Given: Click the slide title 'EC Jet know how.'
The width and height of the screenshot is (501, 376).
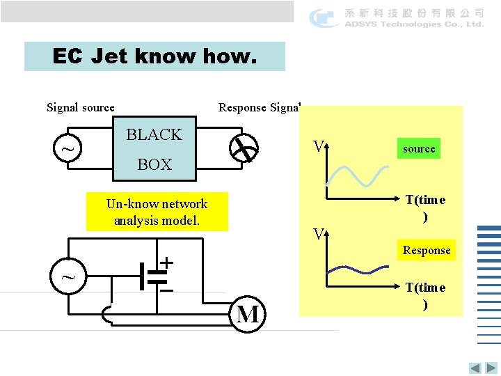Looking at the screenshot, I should [154, 56].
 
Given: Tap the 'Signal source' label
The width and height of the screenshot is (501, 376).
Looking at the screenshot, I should [80, 107].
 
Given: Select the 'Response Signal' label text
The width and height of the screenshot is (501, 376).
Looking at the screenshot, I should [259, 107].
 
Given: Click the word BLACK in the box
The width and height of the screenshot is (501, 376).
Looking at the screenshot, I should [154, 134].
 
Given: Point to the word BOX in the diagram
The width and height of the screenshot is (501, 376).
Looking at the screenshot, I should [154, 164].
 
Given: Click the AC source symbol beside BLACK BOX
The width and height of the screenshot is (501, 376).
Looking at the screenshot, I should [67, 149].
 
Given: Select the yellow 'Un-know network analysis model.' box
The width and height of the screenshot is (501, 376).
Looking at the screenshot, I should [157, 212].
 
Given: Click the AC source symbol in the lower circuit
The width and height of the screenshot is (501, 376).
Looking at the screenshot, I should [68, 276].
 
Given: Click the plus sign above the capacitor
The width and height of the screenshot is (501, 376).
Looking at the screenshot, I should [167, 262].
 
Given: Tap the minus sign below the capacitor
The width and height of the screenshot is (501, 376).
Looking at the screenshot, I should [167, 290].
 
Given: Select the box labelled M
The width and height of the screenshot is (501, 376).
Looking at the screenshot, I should [248, 315].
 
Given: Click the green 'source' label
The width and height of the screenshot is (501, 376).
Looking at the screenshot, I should [419, 149].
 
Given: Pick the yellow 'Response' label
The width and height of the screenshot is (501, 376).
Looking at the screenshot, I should [427, 251].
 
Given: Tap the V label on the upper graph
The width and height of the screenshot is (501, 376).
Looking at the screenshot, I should [319, 147].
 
